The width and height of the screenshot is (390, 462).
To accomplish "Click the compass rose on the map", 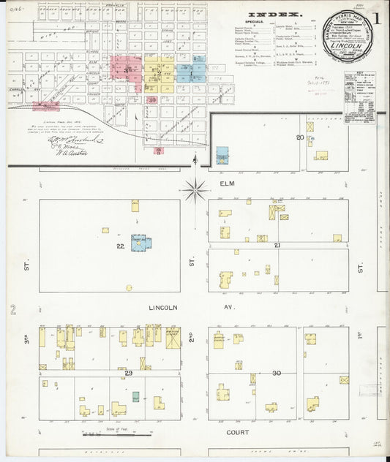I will pos(195,191).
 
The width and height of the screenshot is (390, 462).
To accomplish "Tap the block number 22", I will pos(120,246).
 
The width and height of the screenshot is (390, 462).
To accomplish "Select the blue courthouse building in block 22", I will pos(140,242).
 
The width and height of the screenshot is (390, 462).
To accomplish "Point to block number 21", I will pos(277,246).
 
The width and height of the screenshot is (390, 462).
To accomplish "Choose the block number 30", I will pos(276,374).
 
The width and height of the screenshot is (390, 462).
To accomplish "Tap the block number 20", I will pos(300,137).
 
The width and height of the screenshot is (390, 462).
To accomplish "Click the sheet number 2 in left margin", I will pos(12,310).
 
